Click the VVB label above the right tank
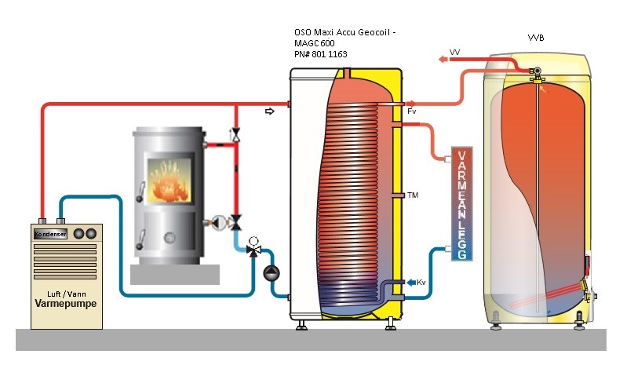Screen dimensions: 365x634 click(537, 37)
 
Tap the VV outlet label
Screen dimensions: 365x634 click(454, 52)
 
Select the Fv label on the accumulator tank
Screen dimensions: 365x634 click(412, 112)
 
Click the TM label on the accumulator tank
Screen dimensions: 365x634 click(412, 195)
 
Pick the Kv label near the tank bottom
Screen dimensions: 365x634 click(421, 283)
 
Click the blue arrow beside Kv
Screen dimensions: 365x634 click(409, 283)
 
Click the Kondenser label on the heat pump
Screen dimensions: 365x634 click(48, 234)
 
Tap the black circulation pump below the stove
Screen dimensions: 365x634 click(270, 271)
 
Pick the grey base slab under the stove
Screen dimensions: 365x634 click(174, 274)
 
